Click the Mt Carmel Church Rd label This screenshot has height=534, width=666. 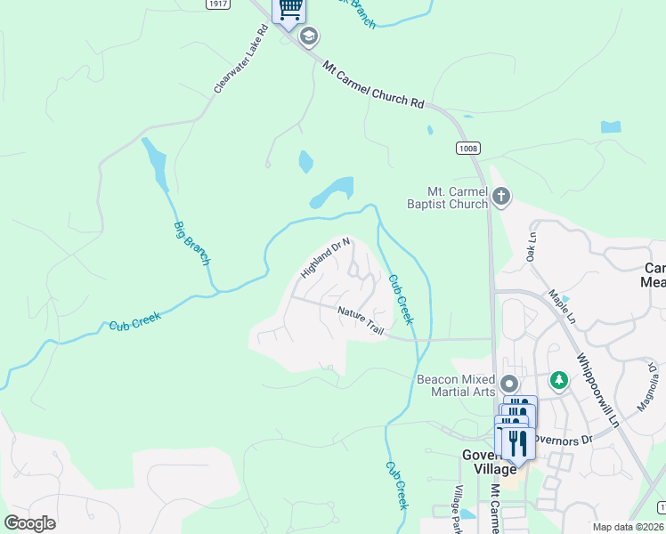click(x=373, y=85)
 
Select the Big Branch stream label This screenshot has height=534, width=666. click(x=191, y=242)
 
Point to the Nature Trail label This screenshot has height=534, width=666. click(x=361, y=321)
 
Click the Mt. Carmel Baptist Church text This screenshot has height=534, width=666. click(x=458, y=198)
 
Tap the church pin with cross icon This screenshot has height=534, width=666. click(x=501, y=196)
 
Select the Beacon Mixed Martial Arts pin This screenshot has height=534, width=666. click(x=509, y=384)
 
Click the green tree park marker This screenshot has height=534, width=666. click(x=559, y=381)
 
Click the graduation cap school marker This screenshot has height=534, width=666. click(x=310, y=36)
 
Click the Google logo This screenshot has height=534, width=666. click(x=29, y=523)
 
